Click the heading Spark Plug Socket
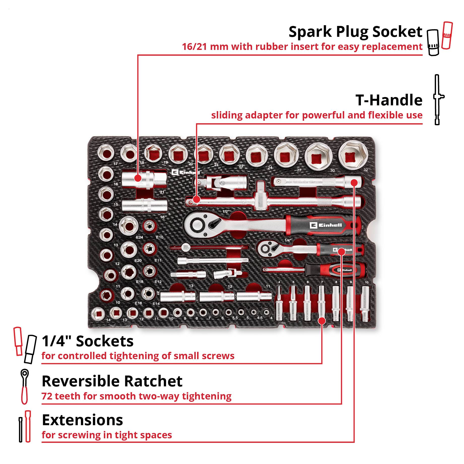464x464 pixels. pyautogui.click(x=355, y=32)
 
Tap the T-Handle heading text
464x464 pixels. pyautogui.click(x=389, y=100)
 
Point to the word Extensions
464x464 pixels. pyautogui.click(x=82, y=420)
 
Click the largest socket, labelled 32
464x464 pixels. pyautogui.click(x=353, y=156)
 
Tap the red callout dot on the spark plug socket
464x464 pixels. pyautogui.click(x=138, y=178)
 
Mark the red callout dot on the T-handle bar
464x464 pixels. pyautogui.click(x=197, y=200)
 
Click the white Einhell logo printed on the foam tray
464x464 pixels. pyautogui.click(x=185, y=172)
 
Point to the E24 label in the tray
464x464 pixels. pyautogui.click(x=139, y=237)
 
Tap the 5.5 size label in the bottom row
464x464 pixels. pyautogui.click(x=235, y=318)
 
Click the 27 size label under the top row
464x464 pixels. pyautogui.click(x=299, y=170)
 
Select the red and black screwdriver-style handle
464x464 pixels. pyautogui.click(x=335, y=270)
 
